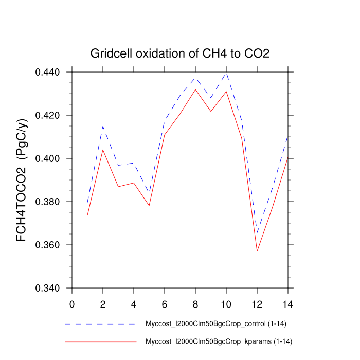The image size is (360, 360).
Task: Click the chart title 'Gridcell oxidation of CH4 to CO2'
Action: click(x=180, y=53)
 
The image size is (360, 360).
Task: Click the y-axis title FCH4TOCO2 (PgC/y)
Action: click(x=22, y=180)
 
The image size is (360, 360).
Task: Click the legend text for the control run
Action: click(x=216, y=324)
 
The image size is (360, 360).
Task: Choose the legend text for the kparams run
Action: click(x=219, y=341)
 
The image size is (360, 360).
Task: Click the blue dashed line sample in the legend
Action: click(x=100, y=325)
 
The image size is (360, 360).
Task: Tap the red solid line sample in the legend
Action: click(x=100, y=341)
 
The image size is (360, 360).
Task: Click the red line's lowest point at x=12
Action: click(x=257, y=251)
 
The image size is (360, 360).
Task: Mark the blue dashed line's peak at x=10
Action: click(x=226, y=74)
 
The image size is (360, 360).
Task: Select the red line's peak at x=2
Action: click(x=103, y=150)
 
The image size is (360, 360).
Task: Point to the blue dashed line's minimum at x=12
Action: click(x=257, y=233)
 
